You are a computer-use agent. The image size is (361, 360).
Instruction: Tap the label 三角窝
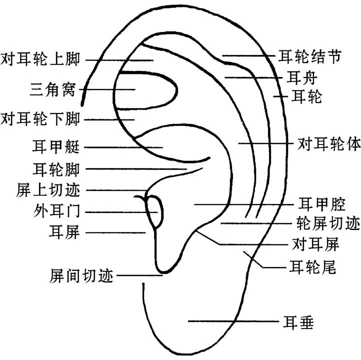coord(52,89)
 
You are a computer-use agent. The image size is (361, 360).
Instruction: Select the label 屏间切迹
coord(81,275)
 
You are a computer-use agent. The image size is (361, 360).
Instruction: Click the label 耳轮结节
coord(310,56)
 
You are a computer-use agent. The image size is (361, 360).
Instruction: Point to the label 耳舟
coord(301,78)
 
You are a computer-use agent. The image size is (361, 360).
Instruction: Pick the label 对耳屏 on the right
coord(315,244)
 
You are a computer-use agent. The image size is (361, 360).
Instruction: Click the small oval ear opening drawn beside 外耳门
coord(155,211)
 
